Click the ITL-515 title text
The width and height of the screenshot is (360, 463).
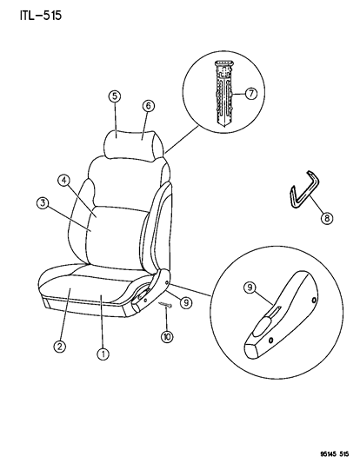41,16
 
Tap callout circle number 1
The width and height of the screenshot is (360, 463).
103,354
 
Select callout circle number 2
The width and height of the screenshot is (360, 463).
60,346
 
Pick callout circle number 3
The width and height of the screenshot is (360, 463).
43,203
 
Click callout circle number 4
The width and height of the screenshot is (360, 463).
63,180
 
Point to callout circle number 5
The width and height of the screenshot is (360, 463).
115,96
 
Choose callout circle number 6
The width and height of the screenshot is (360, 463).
149,106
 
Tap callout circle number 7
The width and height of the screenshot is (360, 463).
251,94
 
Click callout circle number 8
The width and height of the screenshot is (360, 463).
327,218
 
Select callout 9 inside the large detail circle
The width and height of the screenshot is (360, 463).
250,288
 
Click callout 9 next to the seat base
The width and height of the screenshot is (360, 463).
186,302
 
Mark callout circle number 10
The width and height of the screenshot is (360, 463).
167,337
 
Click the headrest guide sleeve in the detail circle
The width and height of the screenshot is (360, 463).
223,94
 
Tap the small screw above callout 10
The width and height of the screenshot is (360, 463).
165,305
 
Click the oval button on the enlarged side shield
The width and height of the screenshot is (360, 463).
262,327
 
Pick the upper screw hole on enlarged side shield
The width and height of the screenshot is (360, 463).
313,300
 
